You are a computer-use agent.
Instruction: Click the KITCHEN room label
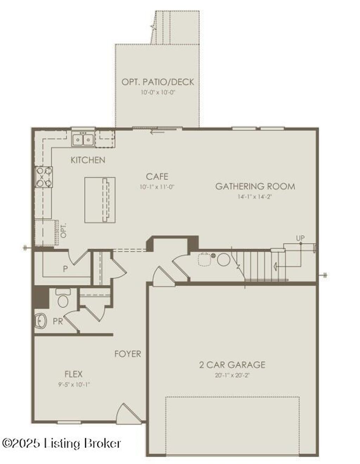(x=88, y=160)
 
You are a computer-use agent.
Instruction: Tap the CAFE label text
(x=157, y=176)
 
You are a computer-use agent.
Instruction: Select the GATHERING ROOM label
(x=255, y=186)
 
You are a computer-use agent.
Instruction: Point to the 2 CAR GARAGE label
(x=232, y=364)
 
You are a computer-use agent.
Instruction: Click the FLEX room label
(x=73, y=374)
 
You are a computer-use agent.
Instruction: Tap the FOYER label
(x=128, y=354)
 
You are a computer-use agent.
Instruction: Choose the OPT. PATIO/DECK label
(x=158, y=82)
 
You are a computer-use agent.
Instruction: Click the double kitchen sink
(x=83, y=140)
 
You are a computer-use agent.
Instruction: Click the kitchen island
(x=100, y=200)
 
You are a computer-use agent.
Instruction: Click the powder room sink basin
(x=40, y=321)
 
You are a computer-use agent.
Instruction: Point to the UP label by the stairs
(x=300, y=238)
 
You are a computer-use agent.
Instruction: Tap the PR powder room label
(x=58, y=321)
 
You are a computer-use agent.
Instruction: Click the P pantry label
(x=65, y=269)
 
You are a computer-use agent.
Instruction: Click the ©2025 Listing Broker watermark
(x=62, y=443)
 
